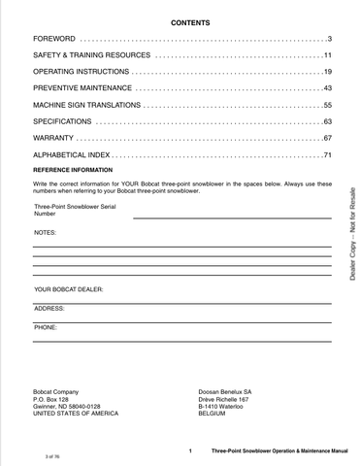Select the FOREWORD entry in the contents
click(x=54, y=38)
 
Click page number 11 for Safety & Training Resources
click(x=327, y=55)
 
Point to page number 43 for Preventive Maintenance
click(x=327, y=88)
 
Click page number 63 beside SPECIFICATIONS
click(x=327, y=121)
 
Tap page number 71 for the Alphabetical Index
click(x=327, y=154)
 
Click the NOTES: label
click(x=46, y=234)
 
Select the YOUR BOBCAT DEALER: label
click(x=69, y=289)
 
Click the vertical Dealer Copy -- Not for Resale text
click(x=349, y=232)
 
